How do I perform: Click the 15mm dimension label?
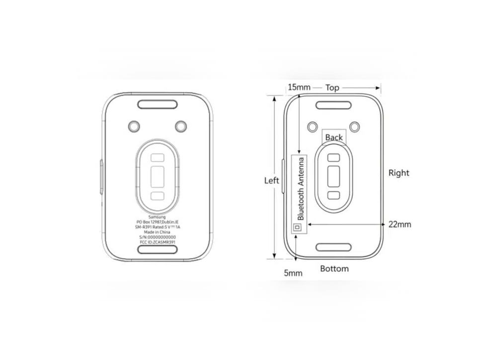[x=299, y=87]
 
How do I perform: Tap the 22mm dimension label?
[x=400, y=224]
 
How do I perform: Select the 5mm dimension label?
[x=293, y=273]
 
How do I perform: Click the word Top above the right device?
[x=332, y=88]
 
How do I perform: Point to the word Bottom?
[x=334, y=269]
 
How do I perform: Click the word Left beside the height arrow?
[x=271, y=180]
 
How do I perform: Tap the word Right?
[x=399, y=173]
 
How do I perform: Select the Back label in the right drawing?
[x=334, y=138]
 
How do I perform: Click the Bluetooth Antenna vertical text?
[x=301, y=189]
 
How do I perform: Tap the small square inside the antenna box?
[x=298, y=227]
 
